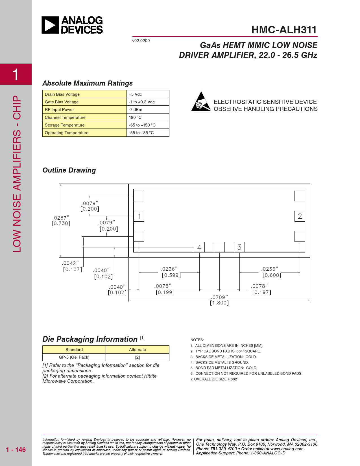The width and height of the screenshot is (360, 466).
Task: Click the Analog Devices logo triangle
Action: (x=50, y=25)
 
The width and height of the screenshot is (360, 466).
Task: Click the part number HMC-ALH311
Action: (x=284, y=30)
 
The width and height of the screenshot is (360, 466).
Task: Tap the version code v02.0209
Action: (x=141, y=41)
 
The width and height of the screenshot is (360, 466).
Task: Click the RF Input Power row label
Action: (x=59, y=110)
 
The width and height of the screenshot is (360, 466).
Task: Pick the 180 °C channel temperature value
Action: (x=135, y=117)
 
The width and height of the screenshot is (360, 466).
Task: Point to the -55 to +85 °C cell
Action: (x=141, y=133)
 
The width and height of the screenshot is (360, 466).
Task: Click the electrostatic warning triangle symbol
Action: (x=201, y=102)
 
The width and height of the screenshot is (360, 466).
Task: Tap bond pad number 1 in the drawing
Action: (x=139, y=216)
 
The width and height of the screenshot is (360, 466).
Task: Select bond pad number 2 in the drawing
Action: (x=300, y=216)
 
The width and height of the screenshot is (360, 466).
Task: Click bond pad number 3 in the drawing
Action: (x=239, y=247)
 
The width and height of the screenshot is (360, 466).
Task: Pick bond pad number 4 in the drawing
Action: (x=199, y=247)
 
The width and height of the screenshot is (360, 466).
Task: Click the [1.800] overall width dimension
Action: (x=219, y=303)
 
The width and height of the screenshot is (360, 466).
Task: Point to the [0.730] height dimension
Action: (x=61, y=223)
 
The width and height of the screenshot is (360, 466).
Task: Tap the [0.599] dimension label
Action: (x=171, y=275)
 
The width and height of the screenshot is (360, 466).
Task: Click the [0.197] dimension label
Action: (x=262, y=292)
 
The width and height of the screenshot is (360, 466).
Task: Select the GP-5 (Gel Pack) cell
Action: (x=74, y=357)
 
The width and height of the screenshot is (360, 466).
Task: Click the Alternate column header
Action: (x=138, y=350)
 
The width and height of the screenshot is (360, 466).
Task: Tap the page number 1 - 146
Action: (x=16, y=450)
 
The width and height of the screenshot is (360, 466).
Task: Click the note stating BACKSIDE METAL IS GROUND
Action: (x=222, y=362)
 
